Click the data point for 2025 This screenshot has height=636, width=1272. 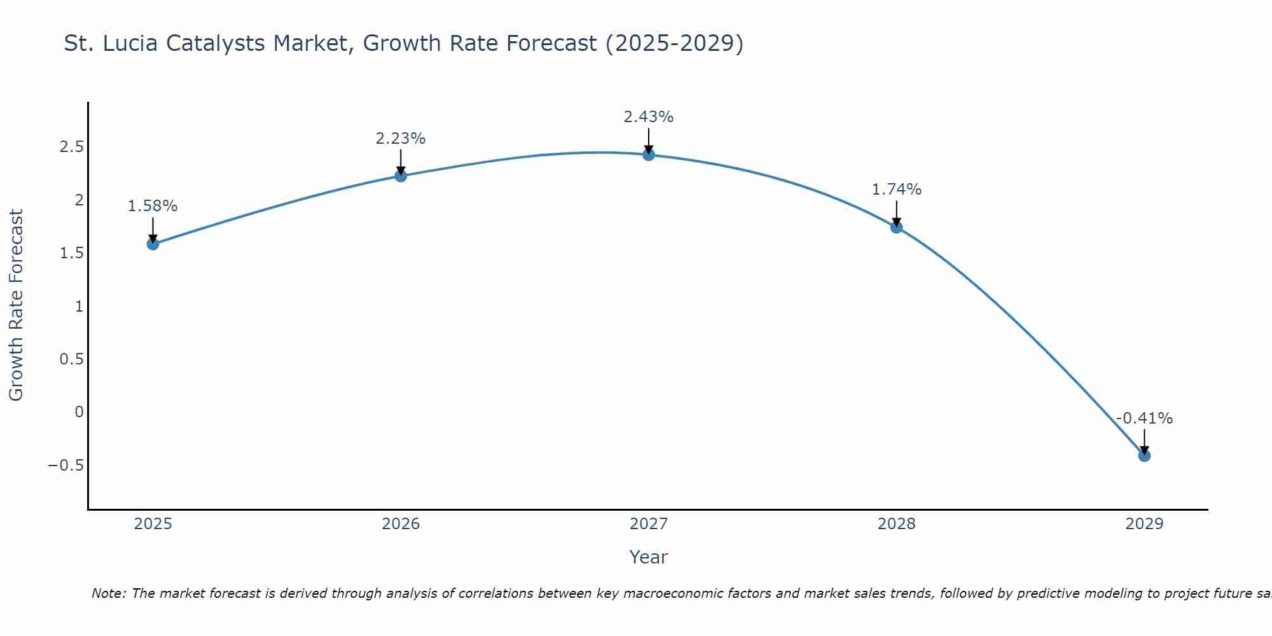pyautogui.click(x=153, y=244)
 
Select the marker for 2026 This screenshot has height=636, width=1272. pyautogui.click(x=401, y=176)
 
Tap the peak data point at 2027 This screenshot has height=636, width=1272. pyautogui.click(x=649, y=155)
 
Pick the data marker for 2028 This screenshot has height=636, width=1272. pyautogui.click(x=897, y=227)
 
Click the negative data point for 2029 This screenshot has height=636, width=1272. pyautogui.click(x=1144, y=455)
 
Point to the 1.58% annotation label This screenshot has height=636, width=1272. pyautogui.click(x=153, y=206)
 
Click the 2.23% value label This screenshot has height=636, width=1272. pyautogui.click(x=401, y=139)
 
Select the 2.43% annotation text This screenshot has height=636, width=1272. pyautogui.click(x=649, y=117)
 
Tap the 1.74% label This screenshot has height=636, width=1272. pyautogui.click(x=897, y=190)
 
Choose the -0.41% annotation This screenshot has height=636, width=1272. pyautogui.click(x=1144, y=418)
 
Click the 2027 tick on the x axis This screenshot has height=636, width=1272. pyautogui.click(x=649, y=524)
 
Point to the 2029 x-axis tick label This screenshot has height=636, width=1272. pyautogui.click(x=1144, y=524)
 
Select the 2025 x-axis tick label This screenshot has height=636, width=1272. pyautogui.click(x=153, y=524)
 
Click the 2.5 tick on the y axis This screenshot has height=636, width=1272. pyautogui.click(x=71, y=147)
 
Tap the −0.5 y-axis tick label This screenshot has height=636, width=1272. pyautogui.click(x=66, y=465)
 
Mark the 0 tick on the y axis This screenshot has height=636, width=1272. pyautogui.click(x=79, y=412)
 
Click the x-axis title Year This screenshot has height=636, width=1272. pyautogui.click(x=648, y=557)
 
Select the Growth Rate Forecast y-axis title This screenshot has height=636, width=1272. pyautogui.click(x=16, y=305)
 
